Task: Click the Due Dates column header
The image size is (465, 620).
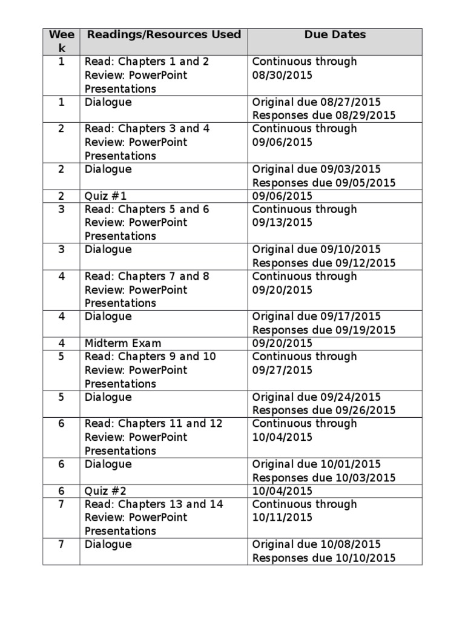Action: click(x=335, y=35)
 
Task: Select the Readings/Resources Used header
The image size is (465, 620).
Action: click(x=163, y=35)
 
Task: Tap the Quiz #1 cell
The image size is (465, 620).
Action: click(x=106, y=196)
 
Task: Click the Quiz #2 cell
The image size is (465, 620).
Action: click(x=106, y=491)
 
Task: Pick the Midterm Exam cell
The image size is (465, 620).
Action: click(x=123, y=343)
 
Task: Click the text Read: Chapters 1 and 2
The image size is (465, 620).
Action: click(x=147, y=62)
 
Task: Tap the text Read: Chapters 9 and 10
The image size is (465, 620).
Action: click(x=150, y=357)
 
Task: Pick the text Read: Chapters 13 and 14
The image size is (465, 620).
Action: click(x=154, y=504)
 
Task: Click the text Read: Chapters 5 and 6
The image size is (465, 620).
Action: click(x=147, y=209)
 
